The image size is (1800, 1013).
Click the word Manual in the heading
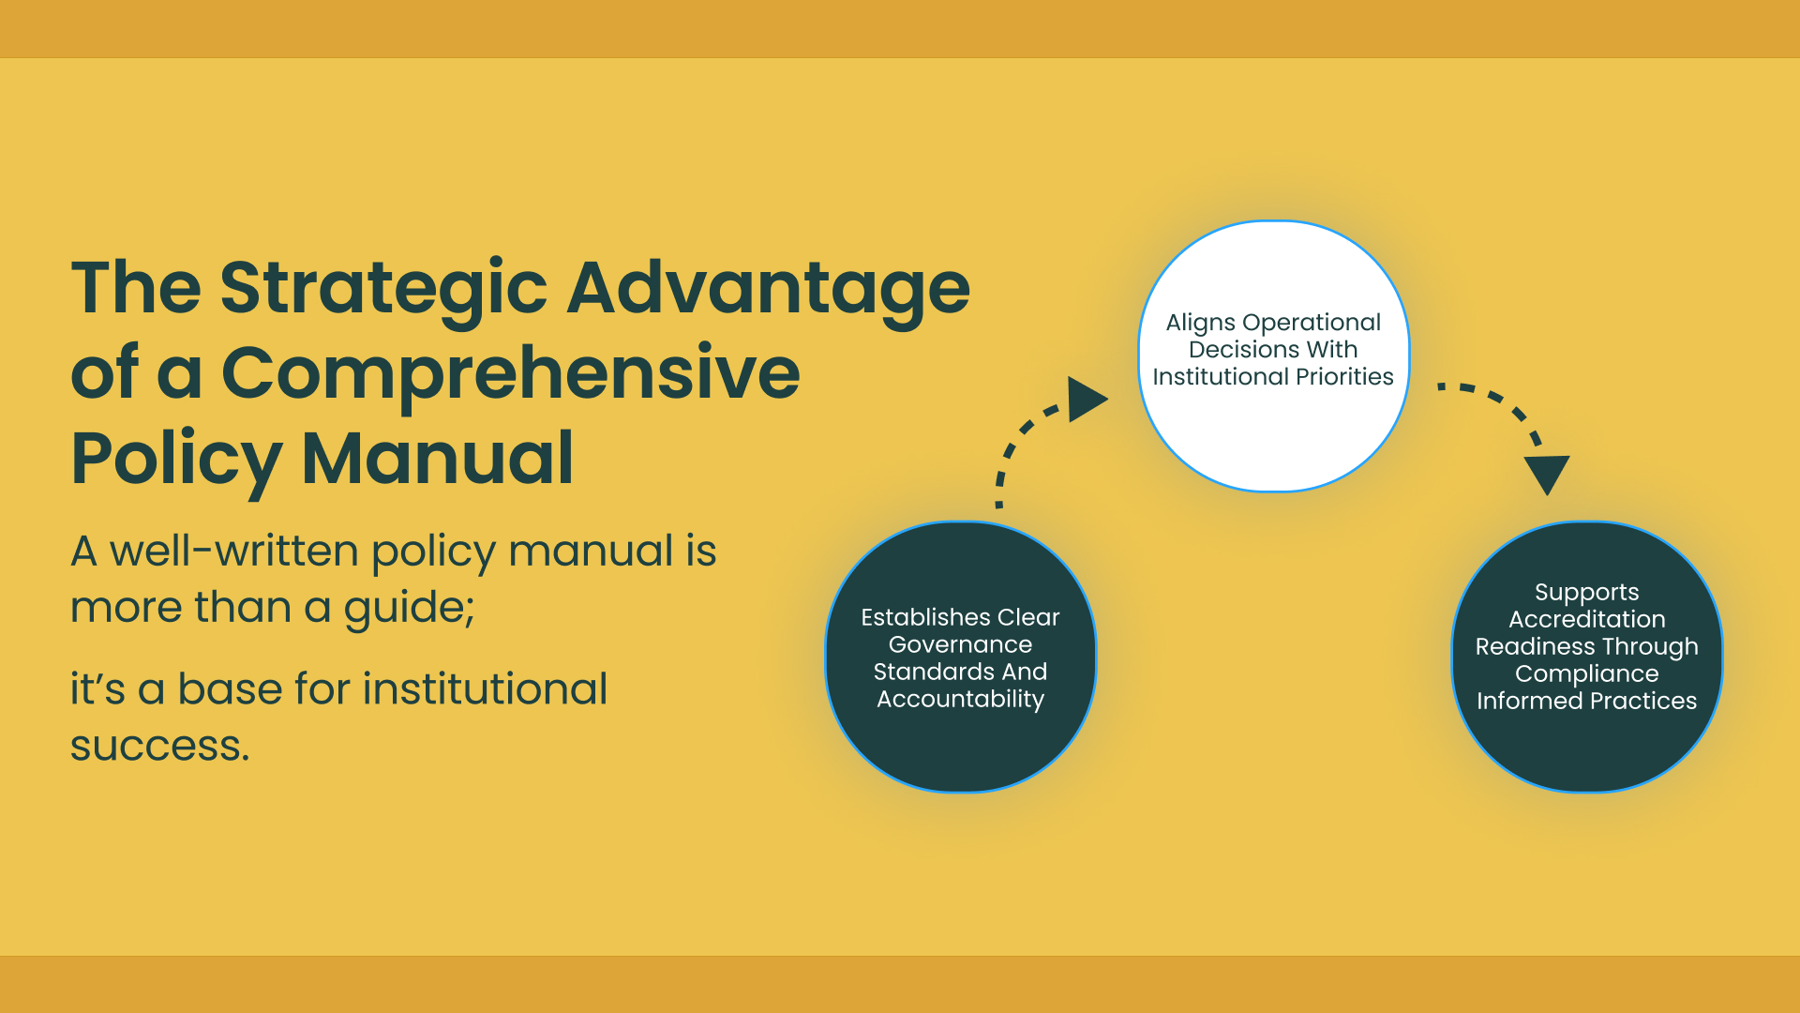pos(437,458)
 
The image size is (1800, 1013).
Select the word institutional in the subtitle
pos(485,688)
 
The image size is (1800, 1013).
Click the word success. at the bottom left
pos(160,747)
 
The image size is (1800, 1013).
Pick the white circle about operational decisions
pos(1273,356)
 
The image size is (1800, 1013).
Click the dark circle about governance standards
pos(961,657)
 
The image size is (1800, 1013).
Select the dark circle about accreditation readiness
pos(1587,657)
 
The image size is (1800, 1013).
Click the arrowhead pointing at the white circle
pos(1087,400)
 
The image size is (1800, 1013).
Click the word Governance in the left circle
pos(960,644)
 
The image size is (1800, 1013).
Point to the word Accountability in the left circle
pos(960,700)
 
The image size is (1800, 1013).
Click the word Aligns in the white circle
pos(1201,324)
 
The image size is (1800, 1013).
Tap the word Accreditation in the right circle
pos(1587,619)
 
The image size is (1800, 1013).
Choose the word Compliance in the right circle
pos(1587,674)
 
